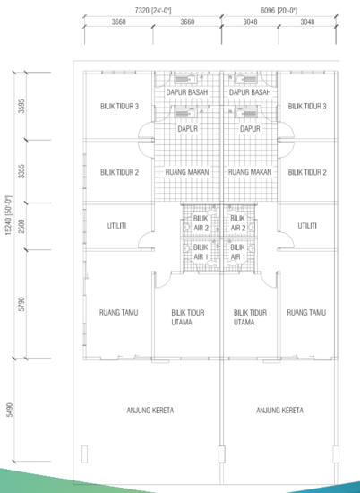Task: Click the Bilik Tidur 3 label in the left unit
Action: tap(119, 107)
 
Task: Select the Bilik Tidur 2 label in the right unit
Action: tap(307, 172)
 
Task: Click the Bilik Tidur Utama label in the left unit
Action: tap(188, 317)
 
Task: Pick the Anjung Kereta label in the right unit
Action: tap(279, 411)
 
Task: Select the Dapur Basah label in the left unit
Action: tap(187, 91)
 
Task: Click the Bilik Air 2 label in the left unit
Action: tap(201, 223)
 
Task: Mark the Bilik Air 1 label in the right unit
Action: tap(238, 253)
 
